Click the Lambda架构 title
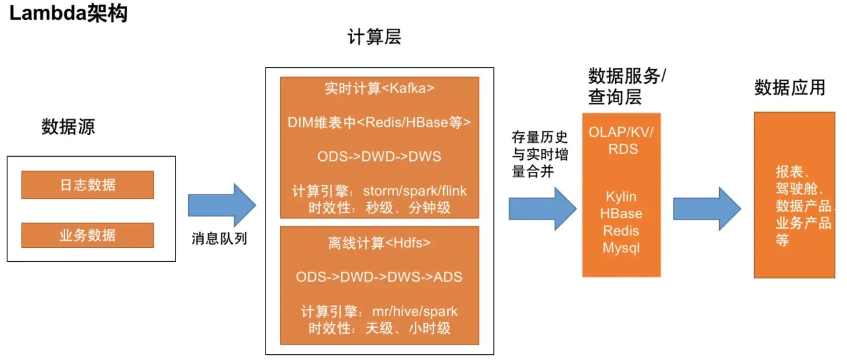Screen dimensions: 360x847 click(x=69, y=13)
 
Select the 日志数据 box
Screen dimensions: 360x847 click(x=88, y=185)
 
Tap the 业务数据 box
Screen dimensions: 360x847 click(x=88, y=235)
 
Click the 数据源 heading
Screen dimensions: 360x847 click(x=68, y=127)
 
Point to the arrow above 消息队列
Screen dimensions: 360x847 click(x=222, y=205)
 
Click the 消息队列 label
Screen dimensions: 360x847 click(x=220, y=239)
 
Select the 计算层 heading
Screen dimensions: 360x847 click(x=374, y=37)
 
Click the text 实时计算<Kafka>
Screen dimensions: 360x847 click(x=379, y=89)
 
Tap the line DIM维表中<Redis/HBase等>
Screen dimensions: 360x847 click(x=379, y=123)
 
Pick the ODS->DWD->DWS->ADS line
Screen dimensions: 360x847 click(x=379, y=277)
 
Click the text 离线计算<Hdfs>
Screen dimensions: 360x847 click(x=379, y=243)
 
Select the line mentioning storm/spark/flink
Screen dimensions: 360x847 click(x=379, y=191)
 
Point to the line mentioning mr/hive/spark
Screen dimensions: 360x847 click(x=379, y=311)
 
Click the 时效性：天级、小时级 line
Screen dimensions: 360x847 click(x=379, y=328)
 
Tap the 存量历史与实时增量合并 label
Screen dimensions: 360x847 click(x=540, y=154)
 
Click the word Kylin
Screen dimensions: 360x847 click(x=621, y=197)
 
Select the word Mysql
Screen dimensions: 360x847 click(x=621, y=248)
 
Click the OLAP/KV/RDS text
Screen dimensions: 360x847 click(x=621, y=141)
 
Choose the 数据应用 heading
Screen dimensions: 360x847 click(x=789, y=88)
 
